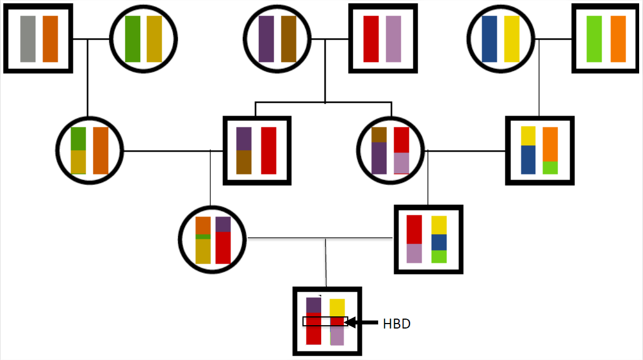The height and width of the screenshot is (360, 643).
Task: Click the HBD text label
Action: coord(396,324)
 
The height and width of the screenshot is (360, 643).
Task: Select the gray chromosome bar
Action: coord(28,39)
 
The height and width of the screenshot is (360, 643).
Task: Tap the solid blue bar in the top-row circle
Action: coord(490,39)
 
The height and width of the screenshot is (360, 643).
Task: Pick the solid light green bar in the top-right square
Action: coord(594,39)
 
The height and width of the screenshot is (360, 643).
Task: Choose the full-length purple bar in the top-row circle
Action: coord(266,39)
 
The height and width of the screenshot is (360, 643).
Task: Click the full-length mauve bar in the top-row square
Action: coord(394,39)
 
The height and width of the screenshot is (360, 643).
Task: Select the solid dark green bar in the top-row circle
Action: coord(132,39)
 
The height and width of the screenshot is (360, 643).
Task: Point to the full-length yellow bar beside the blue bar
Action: coord(512,39)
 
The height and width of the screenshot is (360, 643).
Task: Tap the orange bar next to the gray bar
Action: coord(50,39)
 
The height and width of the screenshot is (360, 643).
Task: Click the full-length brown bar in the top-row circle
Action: coord(289,39)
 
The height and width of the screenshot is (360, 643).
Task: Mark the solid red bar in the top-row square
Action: coord(371,39)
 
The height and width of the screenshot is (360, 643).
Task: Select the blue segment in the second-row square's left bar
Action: coord(528,160)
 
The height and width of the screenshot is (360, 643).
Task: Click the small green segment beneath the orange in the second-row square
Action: coord(550,167)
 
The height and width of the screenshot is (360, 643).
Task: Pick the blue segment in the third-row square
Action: coord(439,242)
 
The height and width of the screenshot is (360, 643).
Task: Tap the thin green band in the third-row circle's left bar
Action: coord(203,237)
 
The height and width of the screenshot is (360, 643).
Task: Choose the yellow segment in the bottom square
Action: coord(337,308)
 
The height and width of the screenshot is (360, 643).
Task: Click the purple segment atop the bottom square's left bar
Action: coord(313,305)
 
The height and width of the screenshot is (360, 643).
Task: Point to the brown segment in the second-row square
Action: coord(244,162)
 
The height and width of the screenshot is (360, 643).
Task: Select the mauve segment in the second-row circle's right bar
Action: coord(401,163)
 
